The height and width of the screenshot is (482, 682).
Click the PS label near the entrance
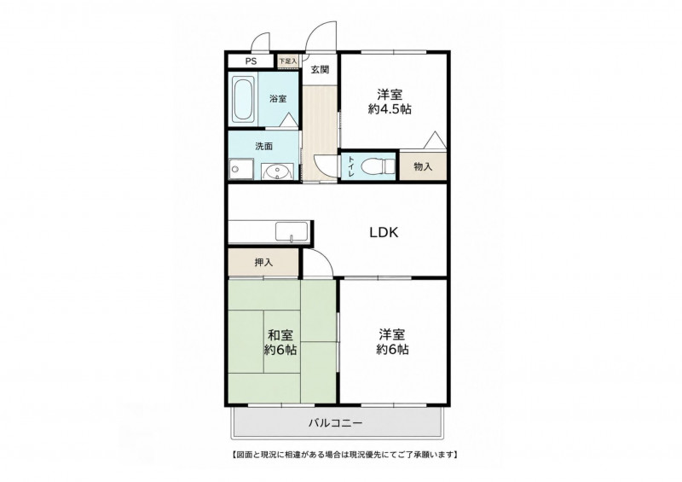click(x=251, y=61)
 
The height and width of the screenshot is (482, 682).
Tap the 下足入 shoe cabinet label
click(x=288, y=61)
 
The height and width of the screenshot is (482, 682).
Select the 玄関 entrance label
click(x=320, y=70)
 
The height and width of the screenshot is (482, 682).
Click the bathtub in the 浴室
click(x=243, y=99)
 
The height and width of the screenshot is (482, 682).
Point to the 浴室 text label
click(x=278, y=99)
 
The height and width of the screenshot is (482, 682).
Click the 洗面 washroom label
click(x=264, y=146)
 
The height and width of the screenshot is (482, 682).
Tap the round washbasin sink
click(x=275, y=171)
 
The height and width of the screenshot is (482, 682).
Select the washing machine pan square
click(x=241, y=169)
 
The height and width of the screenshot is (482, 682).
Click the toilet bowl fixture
click(x=378, y=166)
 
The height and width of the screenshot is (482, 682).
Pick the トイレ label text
click(x=351, y=166)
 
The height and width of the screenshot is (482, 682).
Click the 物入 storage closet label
click(x=423, y=166)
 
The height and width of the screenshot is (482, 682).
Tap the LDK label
click(x=384, y=233)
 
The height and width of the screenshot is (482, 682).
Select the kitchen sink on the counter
click(x=292, y=232)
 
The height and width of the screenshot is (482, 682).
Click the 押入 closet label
click(x=263, y=263)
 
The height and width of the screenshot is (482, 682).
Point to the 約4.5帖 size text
click(x=390, y=109)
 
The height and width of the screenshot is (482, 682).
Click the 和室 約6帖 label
click(x=280, y=342)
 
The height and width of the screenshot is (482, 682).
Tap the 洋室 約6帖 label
click(x=392, y=342)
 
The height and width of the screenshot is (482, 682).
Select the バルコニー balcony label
click(x=335, y=422)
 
